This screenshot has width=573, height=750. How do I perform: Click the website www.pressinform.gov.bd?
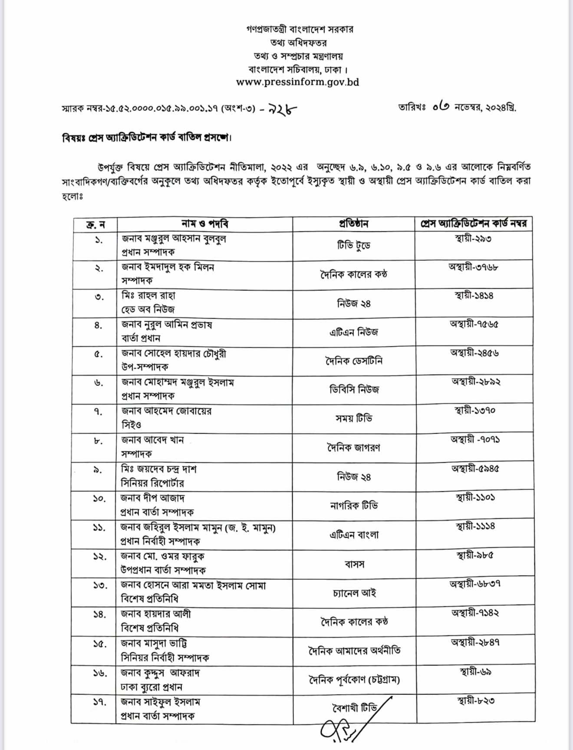tap(297, 82)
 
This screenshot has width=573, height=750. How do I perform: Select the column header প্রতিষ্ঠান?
tap(353, 224)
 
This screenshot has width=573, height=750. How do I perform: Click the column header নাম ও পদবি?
tap(204, 224)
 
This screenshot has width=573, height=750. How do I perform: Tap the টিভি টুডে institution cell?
tap(353, 246)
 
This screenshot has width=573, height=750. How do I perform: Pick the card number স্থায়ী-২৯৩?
tap(473, 239)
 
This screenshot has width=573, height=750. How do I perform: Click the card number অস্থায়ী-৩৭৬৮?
tap(473, 267)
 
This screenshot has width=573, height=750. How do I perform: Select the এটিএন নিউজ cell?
tap(353, 332)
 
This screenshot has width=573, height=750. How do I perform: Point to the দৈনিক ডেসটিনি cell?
tap(354, 361)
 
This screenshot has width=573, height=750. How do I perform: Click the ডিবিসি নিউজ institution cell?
tap(354, 390)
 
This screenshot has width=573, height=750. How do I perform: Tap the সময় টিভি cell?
tap(354, 418)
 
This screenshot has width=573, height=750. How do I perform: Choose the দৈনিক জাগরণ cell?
tap(354, 447)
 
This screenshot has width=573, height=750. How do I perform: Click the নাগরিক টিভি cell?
tap(354, 506)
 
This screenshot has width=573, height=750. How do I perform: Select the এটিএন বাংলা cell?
tap(354, 535)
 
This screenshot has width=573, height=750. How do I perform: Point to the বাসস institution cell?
tap(354, 564)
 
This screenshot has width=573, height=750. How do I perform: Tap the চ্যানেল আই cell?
tap(354, 593)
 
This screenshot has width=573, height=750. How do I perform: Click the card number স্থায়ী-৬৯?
tap(475, 672)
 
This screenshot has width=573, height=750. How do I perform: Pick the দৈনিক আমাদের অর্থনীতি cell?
tap(354, 651)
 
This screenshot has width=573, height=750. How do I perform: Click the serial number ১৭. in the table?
tap(99, 702)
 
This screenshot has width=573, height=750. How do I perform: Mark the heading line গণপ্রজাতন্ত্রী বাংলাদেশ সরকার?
tap(300, 30)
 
